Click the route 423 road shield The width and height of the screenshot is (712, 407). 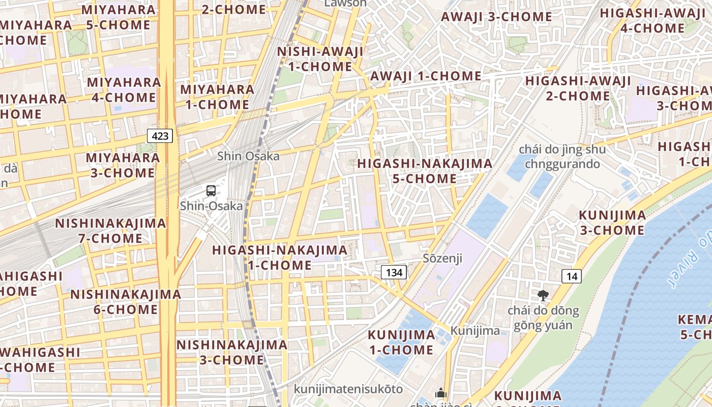(160, 136)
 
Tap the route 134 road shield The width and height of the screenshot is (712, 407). (394, 273)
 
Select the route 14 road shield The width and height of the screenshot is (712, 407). (572, 277)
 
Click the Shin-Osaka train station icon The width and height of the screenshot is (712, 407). (211, 191)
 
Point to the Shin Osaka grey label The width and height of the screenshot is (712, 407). (248, 156)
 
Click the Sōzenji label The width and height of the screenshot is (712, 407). (442, 258)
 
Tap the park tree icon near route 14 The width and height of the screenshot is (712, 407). (543, 295)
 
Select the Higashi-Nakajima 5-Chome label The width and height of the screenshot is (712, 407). (425, 171)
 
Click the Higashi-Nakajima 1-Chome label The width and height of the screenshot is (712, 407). (280, 258)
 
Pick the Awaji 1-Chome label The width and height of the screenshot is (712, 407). (426, 76)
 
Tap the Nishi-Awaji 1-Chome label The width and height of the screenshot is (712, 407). (320, 59)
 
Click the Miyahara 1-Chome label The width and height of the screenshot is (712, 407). (217, 97)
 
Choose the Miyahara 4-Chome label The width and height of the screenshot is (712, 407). (124, 90)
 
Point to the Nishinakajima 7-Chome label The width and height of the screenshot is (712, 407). (110, 231)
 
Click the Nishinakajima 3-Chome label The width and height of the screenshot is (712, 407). (231, 353)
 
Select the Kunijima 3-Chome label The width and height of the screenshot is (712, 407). (612, 223)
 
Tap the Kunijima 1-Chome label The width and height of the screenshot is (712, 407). (401, 342)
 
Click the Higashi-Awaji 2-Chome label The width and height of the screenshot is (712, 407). (578, 89)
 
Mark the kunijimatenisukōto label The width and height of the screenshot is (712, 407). (348, 389)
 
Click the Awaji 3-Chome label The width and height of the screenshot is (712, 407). (496, 17)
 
